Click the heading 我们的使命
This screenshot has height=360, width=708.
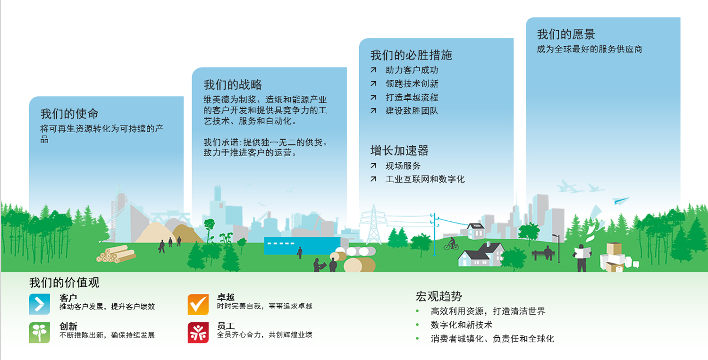(x=69, y=114)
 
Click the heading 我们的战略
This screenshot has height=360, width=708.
(x=233, y=85)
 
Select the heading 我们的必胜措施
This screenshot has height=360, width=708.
(x=411, y=55)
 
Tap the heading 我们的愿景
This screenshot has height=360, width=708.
(x=566, y=34)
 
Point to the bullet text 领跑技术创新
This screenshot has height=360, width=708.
(x=412, y=84)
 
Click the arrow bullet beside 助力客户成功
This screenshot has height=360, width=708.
(x=373, y=70)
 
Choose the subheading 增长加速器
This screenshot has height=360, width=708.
(x=399, y=151)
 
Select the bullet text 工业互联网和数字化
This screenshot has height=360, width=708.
(x=425, y=179)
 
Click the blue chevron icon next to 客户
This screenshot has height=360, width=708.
(x=40, y=304)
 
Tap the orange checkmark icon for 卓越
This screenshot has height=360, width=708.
(x=198, y=304)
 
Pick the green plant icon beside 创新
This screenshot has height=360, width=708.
(x=40, y=333)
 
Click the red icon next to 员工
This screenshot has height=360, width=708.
(x=198, y=333)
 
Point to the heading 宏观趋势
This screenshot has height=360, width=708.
(x=438, y=296)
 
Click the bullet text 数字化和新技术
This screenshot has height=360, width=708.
(x=462, y=325)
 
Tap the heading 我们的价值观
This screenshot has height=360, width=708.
(x=65, y=283)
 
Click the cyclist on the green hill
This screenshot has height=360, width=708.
(x=451, y=244)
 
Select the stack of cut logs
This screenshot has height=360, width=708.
(x=116, y=254)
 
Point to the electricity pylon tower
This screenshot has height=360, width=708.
(x=374, y=225)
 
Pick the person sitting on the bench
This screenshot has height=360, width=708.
(x=548, y=252)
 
